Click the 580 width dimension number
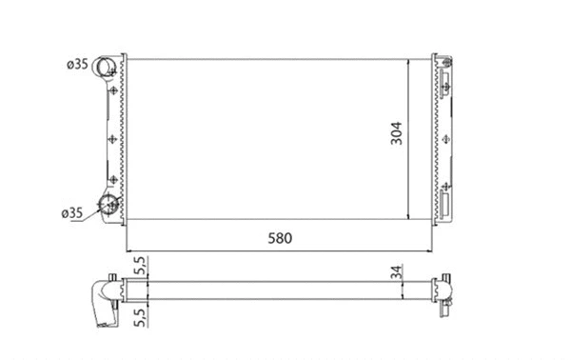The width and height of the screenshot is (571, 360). pyautogui.click(x=279, y=237)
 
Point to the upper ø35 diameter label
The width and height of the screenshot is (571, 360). pyautogui.click(x=76, y=65)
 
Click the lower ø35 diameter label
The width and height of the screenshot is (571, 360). pyautogui.click(x=72, y=212)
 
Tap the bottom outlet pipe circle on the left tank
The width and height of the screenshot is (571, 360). pyautogui.click(x=109, y=204)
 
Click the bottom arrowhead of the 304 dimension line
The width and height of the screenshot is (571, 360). pyautogui.click(x=409, y=216)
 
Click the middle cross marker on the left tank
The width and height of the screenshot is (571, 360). pyautogui.click(x=112, y=139)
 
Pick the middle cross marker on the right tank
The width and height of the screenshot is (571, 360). pyautogui.click(x=443, y=137)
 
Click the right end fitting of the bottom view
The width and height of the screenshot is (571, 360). pyautogui.click(x=443, y=289)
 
